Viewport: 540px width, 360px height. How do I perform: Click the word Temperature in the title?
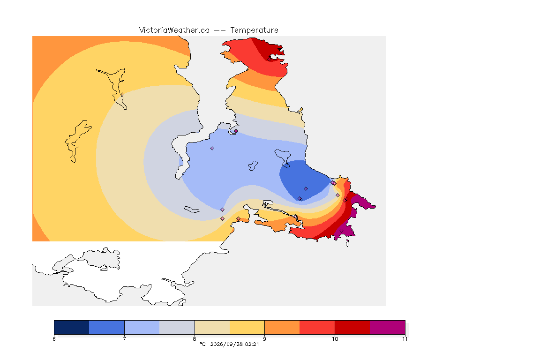pos(254,30)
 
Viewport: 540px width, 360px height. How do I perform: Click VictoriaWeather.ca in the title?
pos(174,30)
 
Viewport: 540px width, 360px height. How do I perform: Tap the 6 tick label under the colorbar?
pos(54,339)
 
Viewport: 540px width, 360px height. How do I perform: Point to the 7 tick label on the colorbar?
pos(124,339)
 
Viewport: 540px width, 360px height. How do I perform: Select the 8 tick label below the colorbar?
pos(195,339)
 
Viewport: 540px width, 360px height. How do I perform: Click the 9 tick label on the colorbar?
pos(264,339)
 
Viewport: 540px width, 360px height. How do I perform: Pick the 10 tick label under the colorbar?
pos(335,339)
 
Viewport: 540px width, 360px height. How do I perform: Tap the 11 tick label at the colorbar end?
pos(405,339)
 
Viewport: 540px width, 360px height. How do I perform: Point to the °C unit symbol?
pos(203,344)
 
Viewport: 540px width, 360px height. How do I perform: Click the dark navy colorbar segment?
pos(72,327)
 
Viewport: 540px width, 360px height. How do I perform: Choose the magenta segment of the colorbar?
pos(388,327)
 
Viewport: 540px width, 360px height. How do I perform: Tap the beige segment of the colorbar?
pos(212,327)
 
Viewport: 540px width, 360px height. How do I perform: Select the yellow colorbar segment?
pos(247,327)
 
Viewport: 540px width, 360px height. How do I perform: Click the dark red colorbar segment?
pos(352,327)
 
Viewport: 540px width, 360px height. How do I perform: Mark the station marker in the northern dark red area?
pos(270,59)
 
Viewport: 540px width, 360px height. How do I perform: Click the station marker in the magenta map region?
pos(341,231)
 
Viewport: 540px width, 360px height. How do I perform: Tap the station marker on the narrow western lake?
pos(122,94)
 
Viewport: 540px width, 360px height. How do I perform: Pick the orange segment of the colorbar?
pos(282,327)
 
